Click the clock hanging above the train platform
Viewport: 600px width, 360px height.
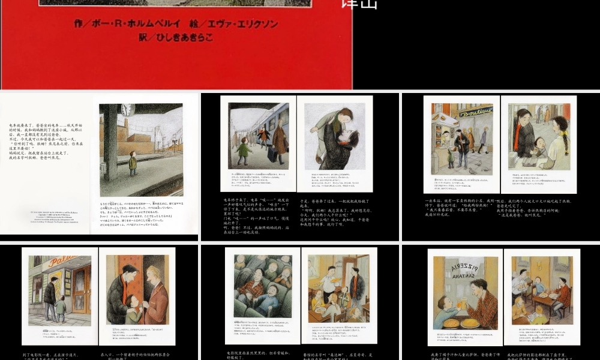click(127, 110)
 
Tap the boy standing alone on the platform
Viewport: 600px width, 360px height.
click(133, 163)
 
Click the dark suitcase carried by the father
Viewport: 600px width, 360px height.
click(271, 155)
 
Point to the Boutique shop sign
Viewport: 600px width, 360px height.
click(476, 112)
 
